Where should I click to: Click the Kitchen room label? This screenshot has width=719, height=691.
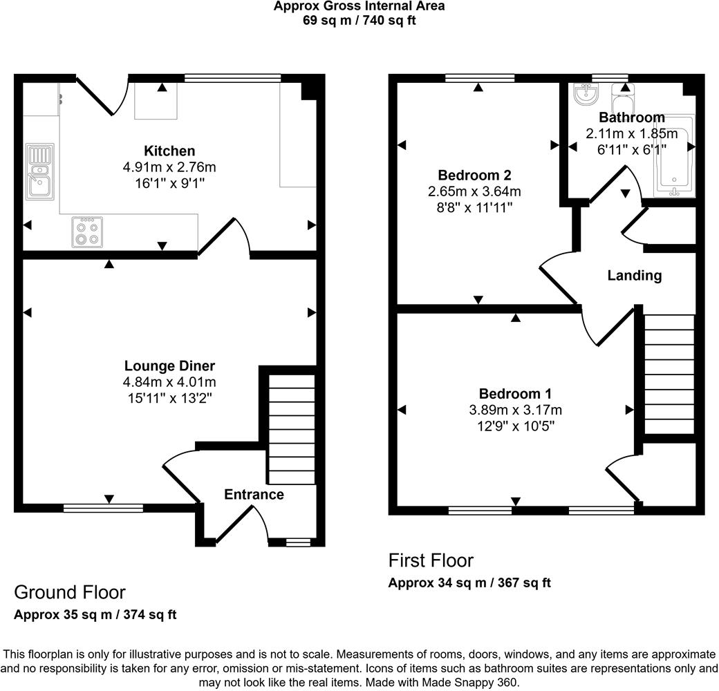coord(169,151)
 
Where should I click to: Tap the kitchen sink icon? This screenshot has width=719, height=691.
coord(39,171)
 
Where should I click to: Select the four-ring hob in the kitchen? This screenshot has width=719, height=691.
coord(86,232)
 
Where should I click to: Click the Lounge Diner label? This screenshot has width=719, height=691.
coord(169,366)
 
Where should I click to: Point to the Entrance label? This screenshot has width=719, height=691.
coord(254,494)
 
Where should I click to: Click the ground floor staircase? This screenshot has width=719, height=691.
coord(290,428)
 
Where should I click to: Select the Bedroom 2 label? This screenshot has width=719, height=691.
coord(474,175)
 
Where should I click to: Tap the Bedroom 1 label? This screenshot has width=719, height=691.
coord(515,394)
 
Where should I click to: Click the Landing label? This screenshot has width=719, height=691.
coord(634,276)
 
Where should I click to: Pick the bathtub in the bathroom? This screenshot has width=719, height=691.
coord(674,155)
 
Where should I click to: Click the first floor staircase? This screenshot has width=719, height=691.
coord(669,373)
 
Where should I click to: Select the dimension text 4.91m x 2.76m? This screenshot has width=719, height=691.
coord(169,167)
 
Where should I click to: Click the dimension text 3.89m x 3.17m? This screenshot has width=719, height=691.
coord(515,410)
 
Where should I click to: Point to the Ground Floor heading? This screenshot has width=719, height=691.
coord(70,592)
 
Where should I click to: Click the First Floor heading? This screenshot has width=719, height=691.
coord(431,560)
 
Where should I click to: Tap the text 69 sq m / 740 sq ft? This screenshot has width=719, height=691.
coord(359,20)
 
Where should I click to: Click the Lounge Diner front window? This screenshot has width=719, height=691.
coord(103,508)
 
